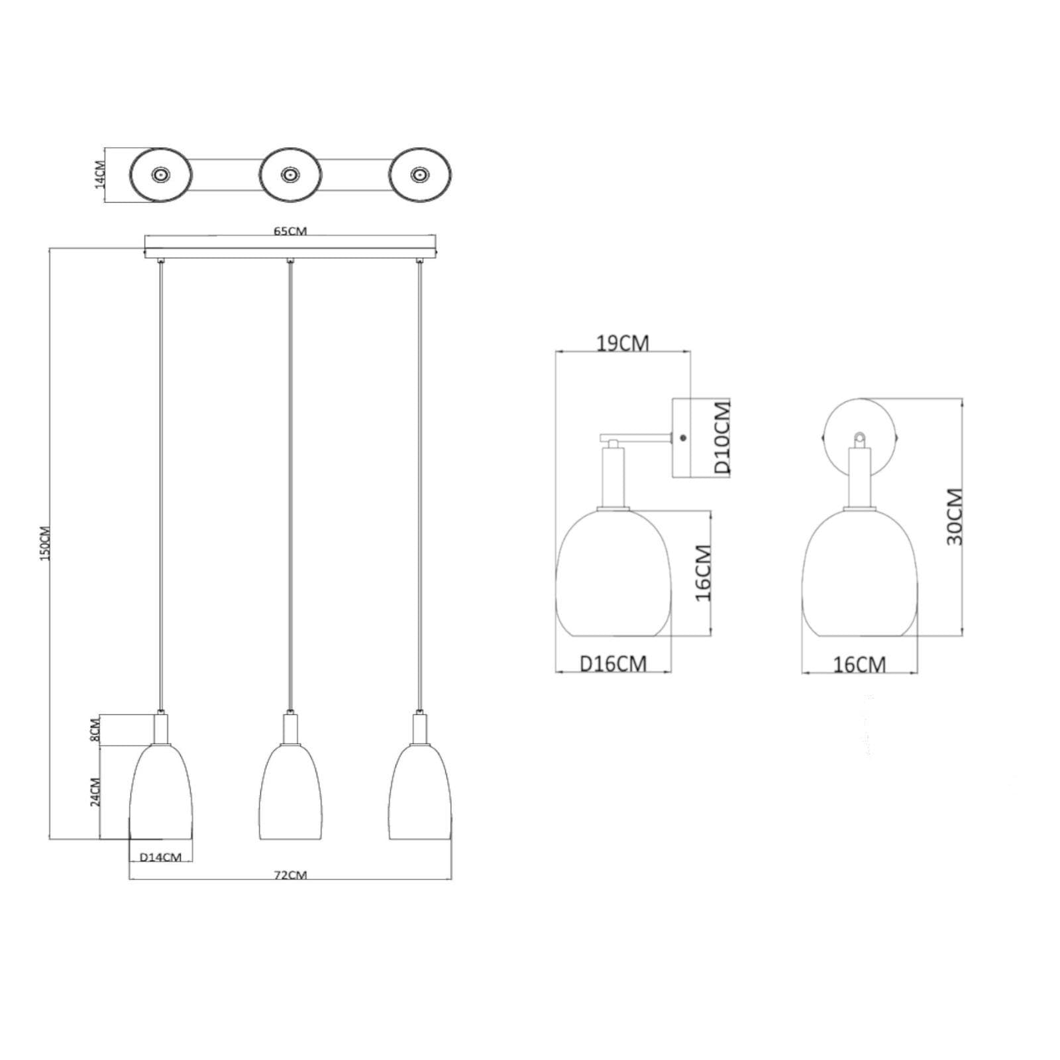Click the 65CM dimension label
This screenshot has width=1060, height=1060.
[x=290, y=231]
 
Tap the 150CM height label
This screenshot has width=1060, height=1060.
[x=45, y=543]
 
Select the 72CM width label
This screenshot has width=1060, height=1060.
[x=290, y=874]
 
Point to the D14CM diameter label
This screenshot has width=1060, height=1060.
[x=160, y=857]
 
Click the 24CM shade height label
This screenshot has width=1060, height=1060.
[x=95, y=791]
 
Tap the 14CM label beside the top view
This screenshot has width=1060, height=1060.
[x=100, y=174]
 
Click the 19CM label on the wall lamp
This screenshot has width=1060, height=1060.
[x=623, y=343]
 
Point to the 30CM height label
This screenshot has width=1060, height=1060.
[x=954, y=517]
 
